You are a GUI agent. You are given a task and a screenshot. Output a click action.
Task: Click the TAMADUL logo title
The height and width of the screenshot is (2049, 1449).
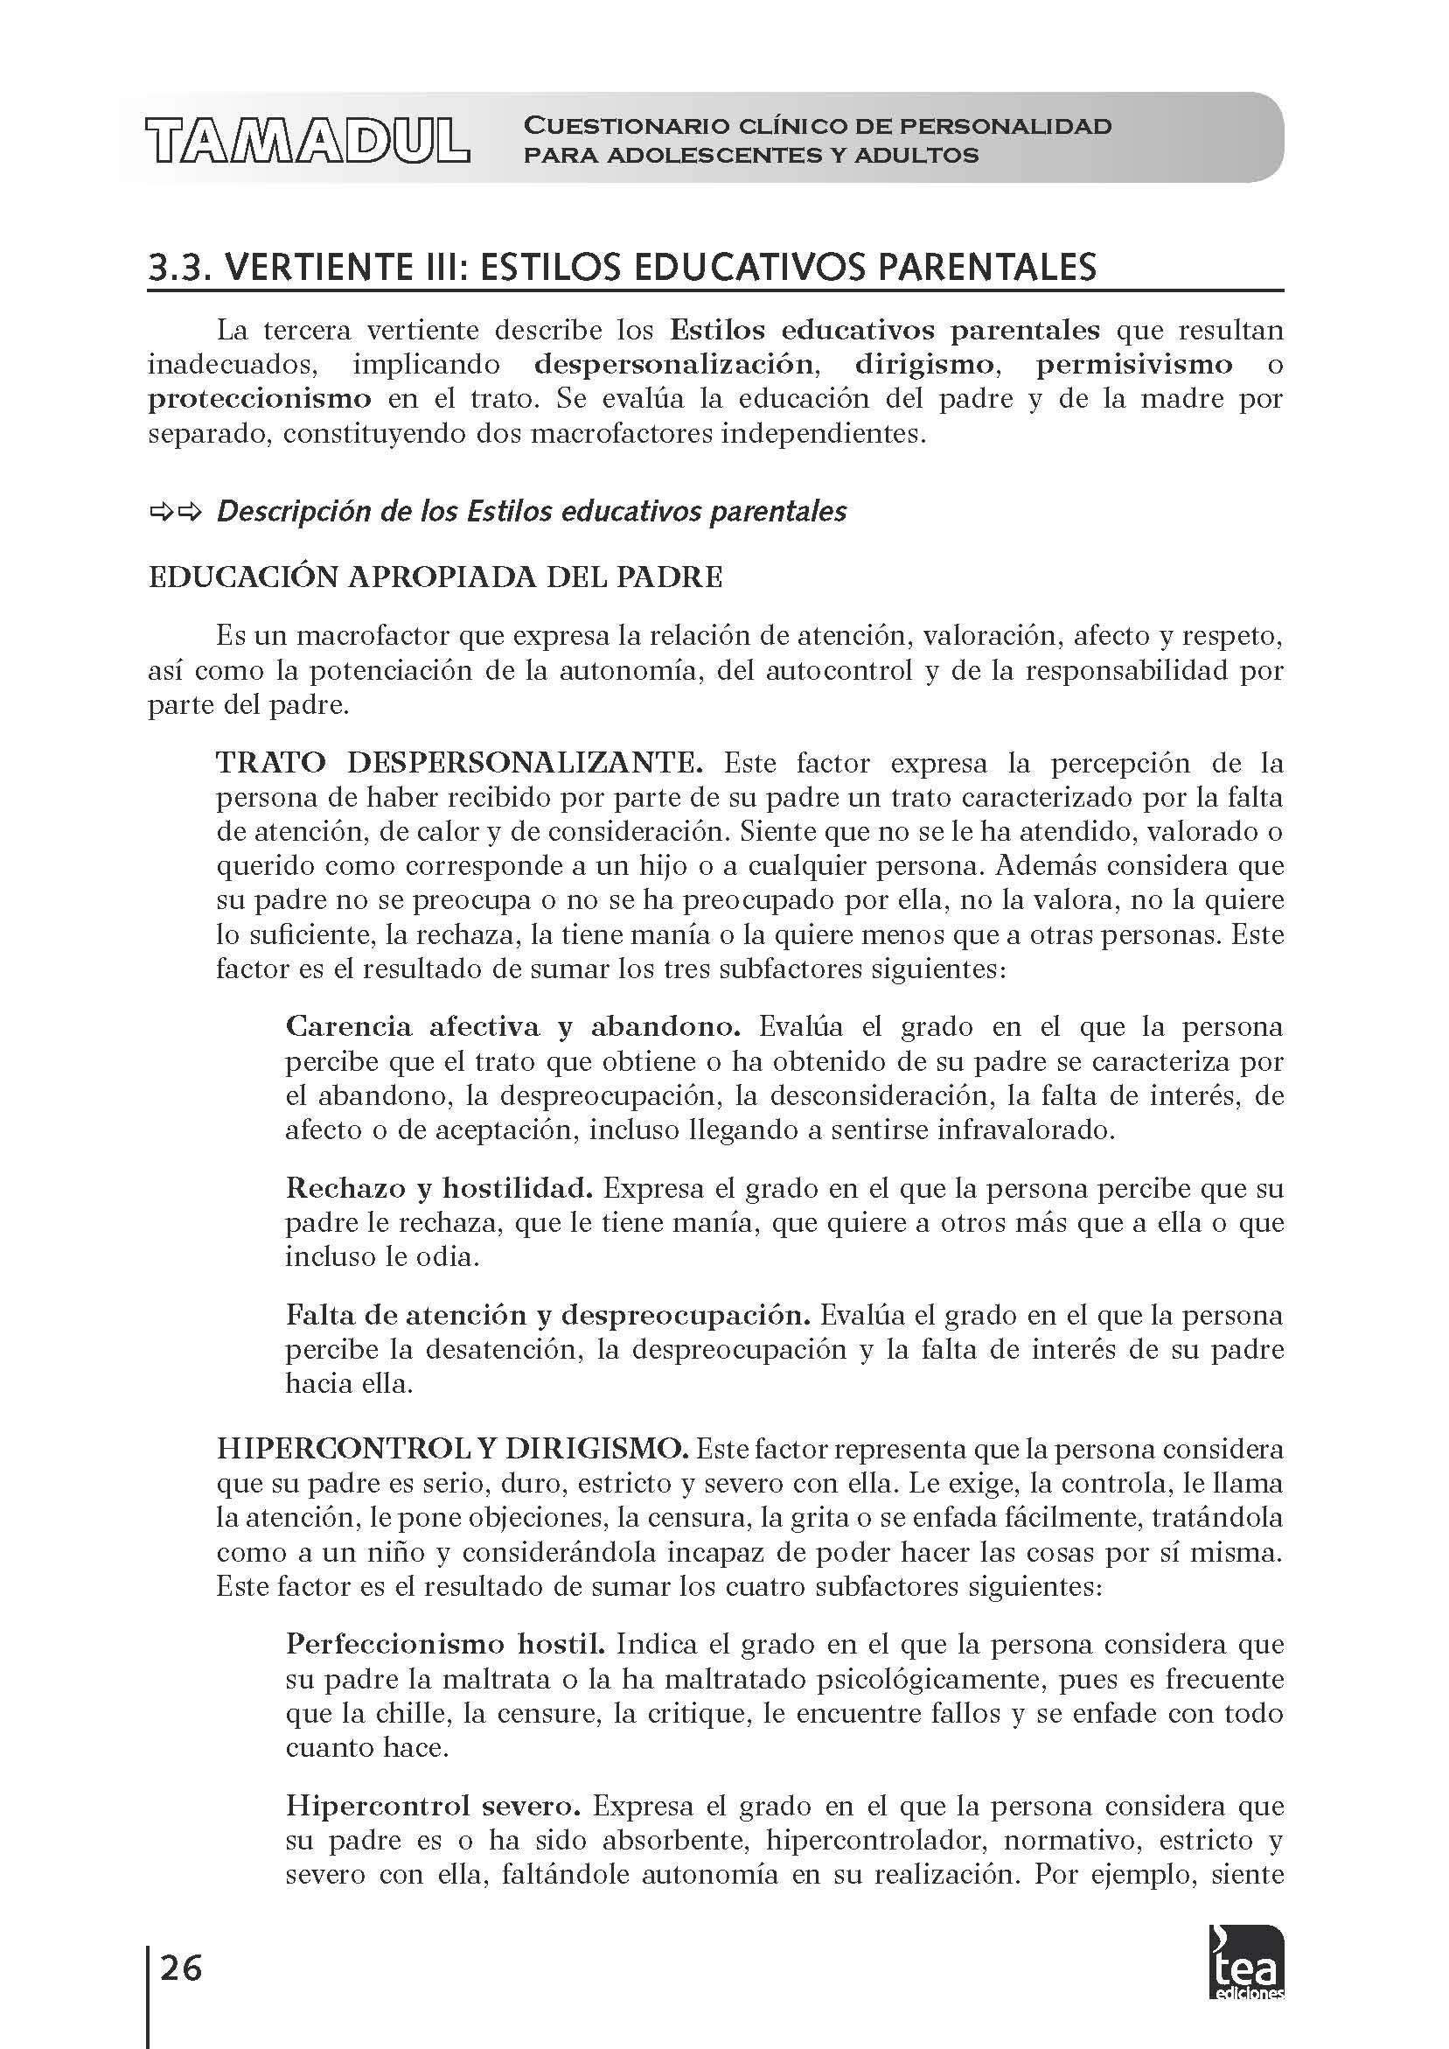coord(307,140)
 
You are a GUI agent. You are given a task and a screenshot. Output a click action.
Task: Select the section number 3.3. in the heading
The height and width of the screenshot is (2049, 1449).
coord(178,267)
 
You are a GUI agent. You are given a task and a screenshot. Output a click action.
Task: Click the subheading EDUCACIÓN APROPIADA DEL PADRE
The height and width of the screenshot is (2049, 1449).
coord(435,577)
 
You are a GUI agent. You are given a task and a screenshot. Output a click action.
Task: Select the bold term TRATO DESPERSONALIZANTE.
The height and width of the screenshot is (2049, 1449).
coord(459,763)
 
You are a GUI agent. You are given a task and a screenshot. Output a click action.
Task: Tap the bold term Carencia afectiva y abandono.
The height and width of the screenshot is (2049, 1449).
coord(512,1026)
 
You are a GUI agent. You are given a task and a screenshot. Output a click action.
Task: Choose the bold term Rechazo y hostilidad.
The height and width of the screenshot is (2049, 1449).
coord(439,1188)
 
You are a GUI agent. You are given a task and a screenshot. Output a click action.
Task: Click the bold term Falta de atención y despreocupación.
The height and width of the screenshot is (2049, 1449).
coord(547,1315)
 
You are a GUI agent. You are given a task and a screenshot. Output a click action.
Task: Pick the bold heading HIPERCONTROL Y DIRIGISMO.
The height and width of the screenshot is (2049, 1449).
coord(451,1449)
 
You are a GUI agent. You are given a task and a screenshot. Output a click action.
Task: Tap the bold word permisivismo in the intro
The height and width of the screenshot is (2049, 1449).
coord(1134,364)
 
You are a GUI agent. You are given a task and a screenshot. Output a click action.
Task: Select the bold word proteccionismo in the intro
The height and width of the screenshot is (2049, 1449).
coord(259,398)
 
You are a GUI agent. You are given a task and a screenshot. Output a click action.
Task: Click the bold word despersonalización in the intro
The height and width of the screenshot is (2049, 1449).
coord(673,364)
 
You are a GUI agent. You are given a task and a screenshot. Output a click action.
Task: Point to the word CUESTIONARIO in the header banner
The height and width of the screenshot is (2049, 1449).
coord(625,126)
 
